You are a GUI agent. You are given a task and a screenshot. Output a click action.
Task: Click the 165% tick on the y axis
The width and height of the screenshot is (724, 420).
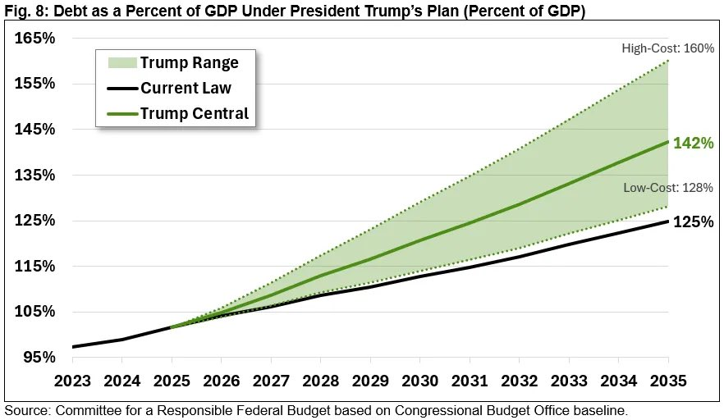coord(34,38)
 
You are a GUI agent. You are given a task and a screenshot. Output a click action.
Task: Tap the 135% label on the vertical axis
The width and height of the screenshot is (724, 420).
coord(34,175)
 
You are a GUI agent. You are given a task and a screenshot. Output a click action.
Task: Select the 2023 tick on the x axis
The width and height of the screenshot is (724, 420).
coord(72,382)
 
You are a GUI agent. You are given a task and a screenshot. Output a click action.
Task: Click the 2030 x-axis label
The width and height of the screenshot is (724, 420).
coord(419,382)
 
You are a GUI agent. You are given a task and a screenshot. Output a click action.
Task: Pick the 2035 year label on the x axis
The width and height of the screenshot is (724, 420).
coord(668,382)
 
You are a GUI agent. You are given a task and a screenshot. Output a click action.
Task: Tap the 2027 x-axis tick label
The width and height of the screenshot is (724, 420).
coord(271,382)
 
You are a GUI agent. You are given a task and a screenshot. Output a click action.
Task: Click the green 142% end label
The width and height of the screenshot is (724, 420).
coord(693,144)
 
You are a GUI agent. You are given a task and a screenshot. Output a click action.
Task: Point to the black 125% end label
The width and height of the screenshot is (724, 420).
coord(693,221)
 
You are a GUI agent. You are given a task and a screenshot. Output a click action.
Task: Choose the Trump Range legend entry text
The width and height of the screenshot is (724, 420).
coord(189,63)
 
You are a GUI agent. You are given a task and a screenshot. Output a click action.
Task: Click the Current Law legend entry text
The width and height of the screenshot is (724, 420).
coord(186,88)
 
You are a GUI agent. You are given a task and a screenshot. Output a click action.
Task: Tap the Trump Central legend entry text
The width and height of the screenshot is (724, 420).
coord(194,113)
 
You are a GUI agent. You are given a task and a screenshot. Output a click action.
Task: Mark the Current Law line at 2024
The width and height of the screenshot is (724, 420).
coord(122,339)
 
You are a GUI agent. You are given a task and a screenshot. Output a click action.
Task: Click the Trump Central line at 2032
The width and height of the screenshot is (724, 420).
coord(519,204)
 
